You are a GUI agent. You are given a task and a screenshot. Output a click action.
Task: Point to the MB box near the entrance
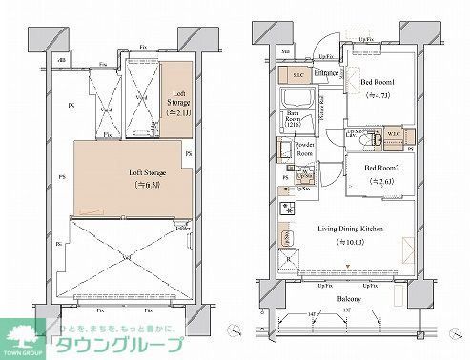point(285,53)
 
